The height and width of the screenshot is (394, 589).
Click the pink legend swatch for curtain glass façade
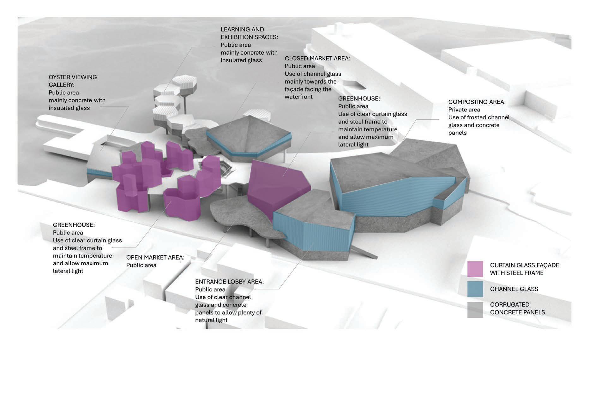click(x=475, y=269)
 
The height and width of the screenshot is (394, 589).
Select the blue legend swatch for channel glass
click(x=475, y=289)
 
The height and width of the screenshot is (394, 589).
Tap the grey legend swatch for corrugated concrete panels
click(x=475, y=309)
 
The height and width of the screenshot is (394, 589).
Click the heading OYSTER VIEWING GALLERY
click(x=73, y=81)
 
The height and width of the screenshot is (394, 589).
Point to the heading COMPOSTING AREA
click(x=477, y=102)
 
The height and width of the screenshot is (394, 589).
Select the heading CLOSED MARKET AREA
click(x=317, y=58)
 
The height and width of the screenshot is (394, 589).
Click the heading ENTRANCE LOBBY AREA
click(x=229, y=282)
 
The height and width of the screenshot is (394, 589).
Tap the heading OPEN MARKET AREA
click(x=155, y=257)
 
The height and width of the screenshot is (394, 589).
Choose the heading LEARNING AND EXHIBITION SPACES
click(x=249, y=33)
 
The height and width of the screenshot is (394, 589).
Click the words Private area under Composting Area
click(x=464, y=110)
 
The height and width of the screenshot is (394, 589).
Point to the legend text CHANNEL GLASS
click(x=514, y=289)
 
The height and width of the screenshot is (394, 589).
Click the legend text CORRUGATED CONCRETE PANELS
click(x=517, y=308)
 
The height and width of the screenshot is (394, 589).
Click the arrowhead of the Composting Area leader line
click(x=438, y=120)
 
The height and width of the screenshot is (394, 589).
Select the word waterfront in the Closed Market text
click(x=298, y=97)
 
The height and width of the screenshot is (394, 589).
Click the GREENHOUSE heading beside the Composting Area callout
click(x=359, y=98)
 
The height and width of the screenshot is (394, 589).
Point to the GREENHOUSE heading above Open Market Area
click(x=74, y=225)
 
